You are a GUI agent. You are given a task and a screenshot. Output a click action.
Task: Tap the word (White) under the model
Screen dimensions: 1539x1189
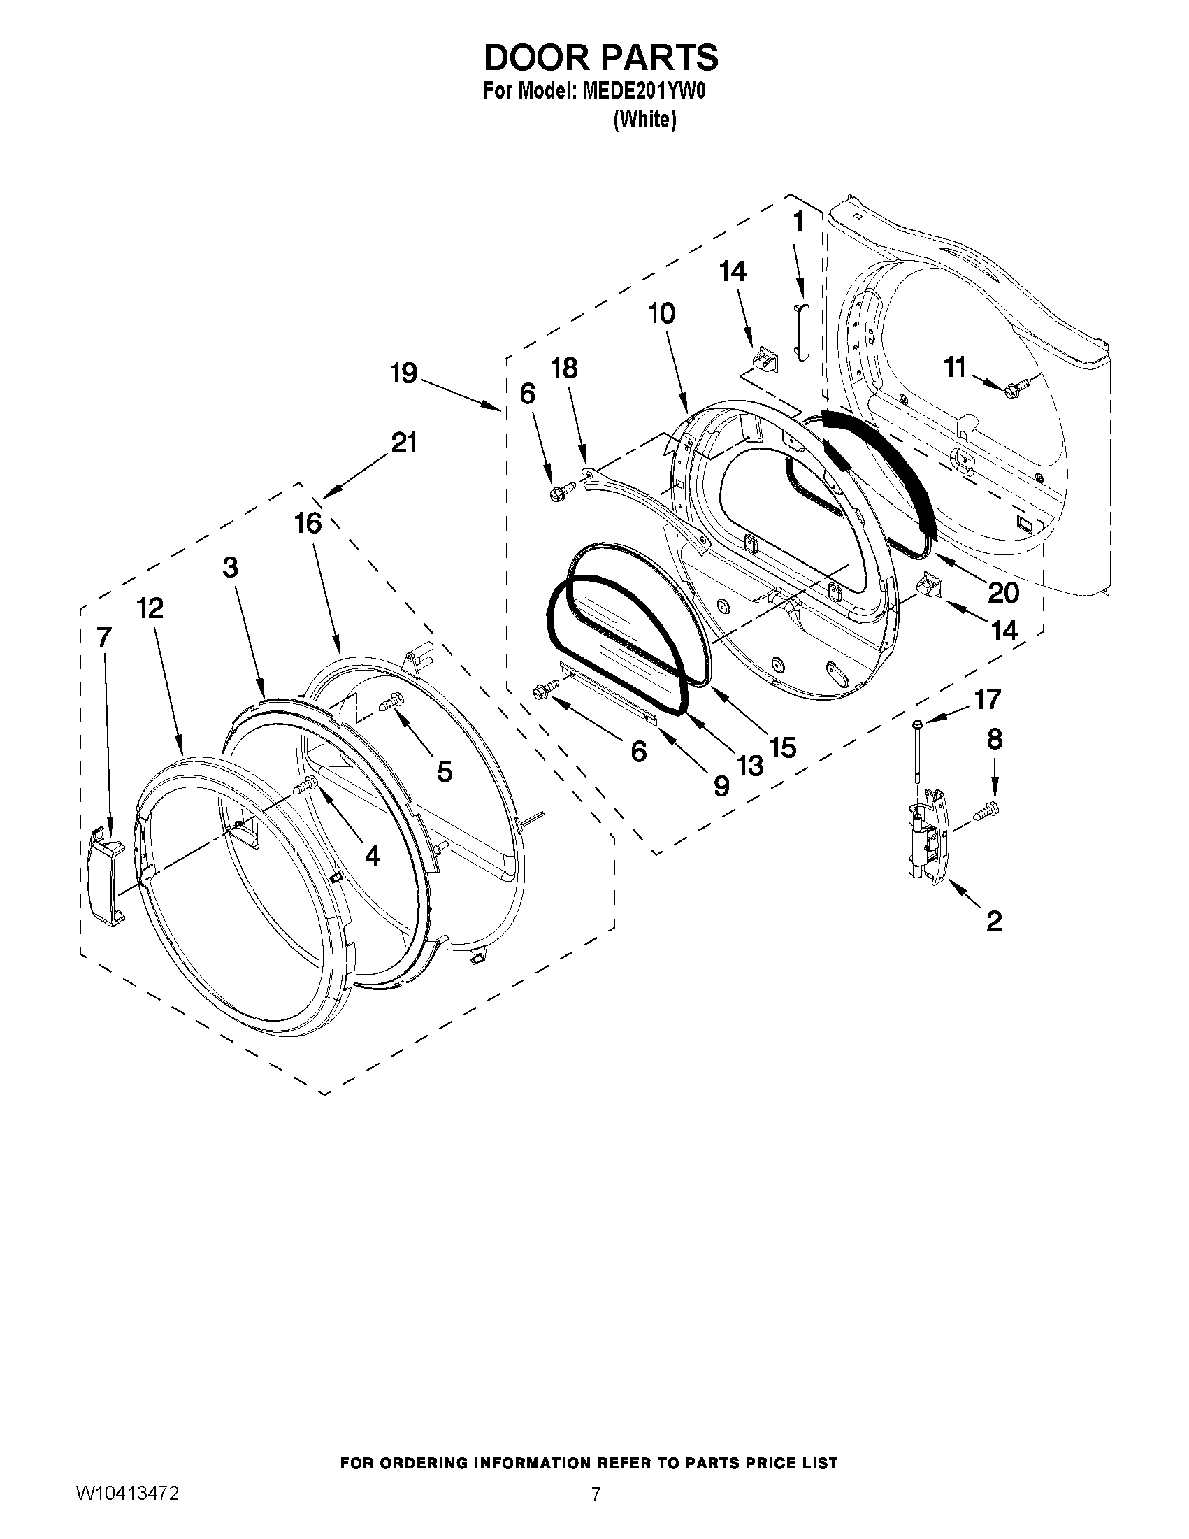point(644,120)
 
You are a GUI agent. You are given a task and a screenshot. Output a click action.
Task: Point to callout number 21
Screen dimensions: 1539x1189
point(403,443)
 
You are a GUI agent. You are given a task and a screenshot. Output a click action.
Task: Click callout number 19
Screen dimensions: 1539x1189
point(403,373)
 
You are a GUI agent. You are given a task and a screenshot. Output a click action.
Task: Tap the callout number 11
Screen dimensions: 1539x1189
point(954,367)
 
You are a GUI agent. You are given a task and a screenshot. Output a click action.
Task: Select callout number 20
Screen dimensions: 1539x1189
point(1003,593)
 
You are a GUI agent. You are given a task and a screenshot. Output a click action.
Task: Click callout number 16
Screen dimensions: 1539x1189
point(308,524)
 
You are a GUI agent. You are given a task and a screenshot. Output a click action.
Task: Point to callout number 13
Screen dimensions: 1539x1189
point(750,764)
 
